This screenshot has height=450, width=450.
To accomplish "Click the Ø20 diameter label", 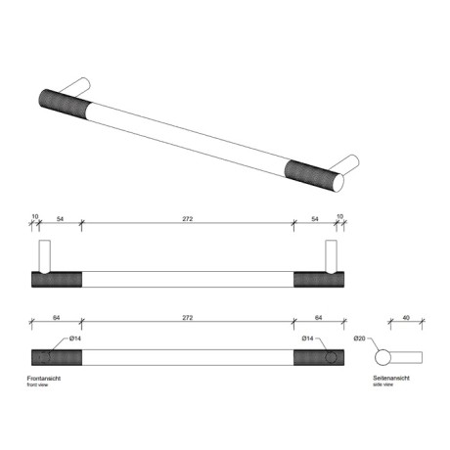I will [360, 338].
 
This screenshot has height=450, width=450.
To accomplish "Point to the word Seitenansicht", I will [390, 378].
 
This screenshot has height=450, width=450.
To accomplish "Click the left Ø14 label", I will [74, 338].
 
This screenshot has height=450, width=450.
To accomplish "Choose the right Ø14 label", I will [307, 338].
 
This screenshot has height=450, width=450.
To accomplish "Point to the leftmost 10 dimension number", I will [34, 217].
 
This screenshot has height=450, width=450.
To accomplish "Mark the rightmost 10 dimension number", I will [340, 217].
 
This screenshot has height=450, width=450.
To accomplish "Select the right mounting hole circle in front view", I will [333, 356].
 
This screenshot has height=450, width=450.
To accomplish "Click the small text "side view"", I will [383, 385].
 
